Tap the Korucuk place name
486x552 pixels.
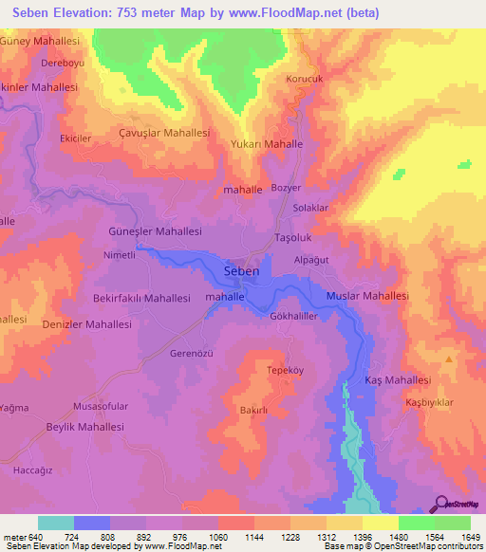tap(305, 80)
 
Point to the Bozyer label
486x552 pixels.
tap(286, 189)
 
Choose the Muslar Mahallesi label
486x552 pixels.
tap(367, 296)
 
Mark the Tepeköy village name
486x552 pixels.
tap(284, 370)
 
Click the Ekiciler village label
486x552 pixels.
tap(76, 138)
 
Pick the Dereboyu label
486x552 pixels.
tap(63, 64)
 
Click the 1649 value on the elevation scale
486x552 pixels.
tap(471, 536)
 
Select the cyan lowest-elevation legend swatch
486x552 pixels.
tap(55, 523)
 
